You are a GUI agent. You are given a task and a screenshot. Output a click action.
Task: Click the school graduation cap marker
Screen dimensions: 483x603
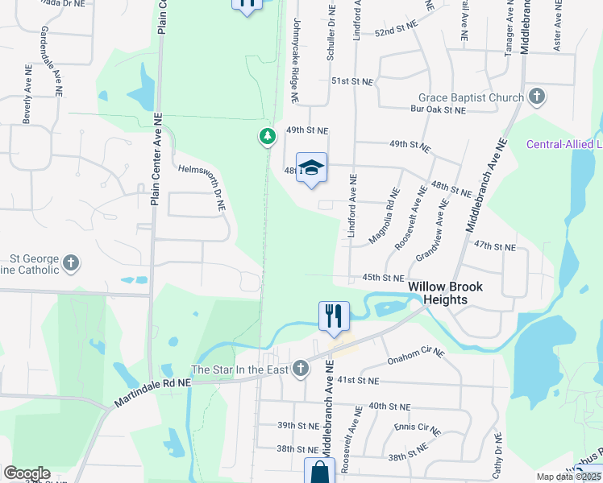coord(312,168)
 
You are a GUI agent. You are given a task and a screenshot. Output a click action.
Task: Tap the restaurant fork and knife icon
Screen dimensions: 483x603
coord(335,315)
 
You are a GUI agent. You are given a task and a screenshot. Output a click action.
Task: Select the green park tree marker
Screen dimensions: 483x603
coord(268,137)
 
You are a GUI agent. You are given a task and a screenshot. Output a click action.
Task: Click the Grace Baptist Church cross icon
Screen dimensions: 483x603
coord(536,97)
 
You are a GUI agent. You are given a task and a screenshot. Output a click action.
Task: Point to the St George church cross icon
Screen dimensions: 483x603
coord(71,262)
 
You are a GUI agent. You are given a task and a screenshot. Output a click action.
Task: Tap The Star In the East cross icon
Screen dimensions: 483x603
coord(301,369)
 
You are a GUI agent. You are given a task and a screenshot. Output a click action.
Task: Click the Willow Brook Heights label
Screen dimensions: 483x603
coord(437,293)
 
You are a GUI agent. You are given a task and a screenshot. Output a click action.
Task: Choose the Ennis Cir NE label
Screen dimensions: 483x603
coord(418,428)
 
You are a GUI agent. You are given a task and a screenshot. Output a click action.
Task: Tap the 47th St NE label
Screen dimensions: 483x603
coord(494,245)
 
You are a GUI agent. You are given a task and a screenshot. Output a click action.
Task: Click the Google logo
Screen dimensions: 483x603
coord(27,473)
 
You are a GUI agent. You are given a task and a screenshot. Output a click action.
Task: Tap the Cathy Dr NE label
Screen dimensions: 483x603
coord(498,455)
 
